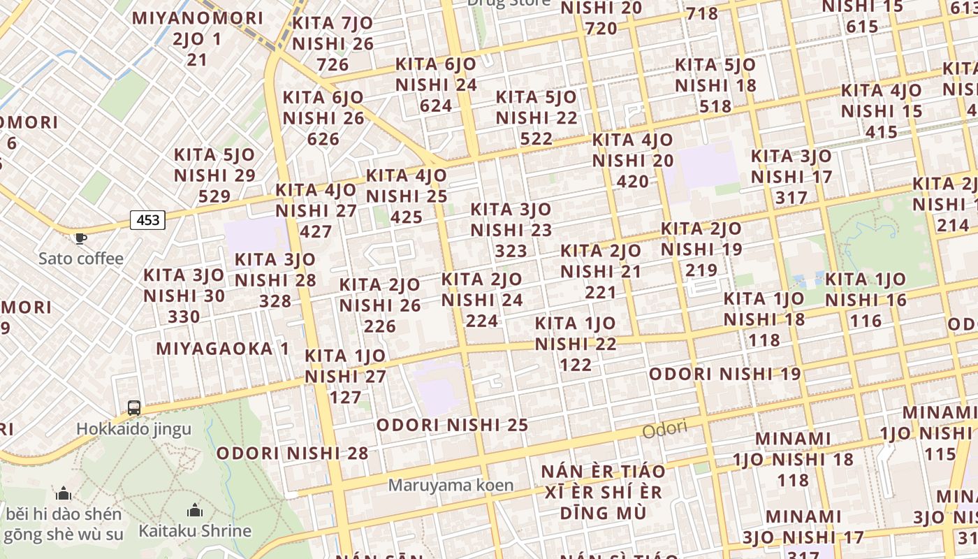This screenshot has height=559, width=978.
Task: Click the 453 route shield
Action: pyautogui.click(x=148, y=220)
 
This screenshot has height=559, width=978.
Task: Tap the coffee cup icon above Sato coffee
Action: pyautogui.click(x=81, y=238)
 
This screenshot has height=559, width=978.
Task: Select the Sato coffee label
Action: pyautogui.click(x=81, y=259)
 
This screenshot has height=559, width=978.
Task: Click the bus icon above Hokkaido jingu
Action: pyautogui.click(x=133, y=407)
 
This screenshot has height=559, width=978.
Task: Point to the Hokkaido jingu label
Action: pyautogui.click(x=133, y=428)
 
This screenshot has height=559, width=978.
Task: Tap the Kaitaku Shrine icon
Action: pyautogui.click(x=194, y=510)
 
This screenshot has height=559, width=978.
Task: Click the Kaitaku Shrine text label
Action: pyautogui.click(x=194, y=530)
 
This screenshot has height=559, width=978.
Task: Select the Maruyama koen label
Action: pyautogui.click(x=451, y=484)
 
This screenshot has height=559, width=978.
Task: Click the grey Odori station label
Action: pyautogui.click(x=664, y=429)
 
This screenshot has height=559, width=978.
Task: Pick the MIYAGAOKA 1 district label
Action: pyautogui.click(x=222, y=348)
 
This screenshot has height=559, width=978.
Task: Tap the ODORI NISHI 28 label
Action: pyautogui.click(x=292, y=453)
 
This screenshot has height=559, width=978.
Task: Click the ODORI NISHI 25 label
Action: pyautogui.click(x=452, y=425)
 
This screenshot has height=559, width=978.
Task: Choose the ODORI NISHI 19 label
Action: pyautogui.click(x=724, y=374)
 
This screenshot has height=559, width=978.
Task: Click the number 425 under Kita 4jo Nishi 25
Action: pyautogui.click(x=407, y=217)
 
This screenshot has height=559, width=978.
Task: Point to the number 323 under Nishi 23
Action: pyautogui.click(x=511, y=250)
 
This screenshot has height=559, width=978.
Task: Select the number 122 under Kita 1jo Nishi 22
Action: pyautogui.click(x=576, y=364)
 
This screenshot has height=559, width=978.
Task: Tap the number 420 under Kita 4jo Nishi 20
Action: pyautogui.click(x=633, y=182)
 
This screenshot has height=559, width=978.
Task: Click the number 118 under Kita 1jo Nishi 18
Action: pyautogui.click(x=764, y=340)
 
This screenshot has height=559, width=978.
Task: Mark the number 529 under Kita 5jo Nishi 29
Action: pyautogui.click(x=214, y=196)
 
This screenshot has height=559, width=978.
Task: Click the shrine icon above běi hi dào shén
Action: pyautogui.click(x=64, y=494)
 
